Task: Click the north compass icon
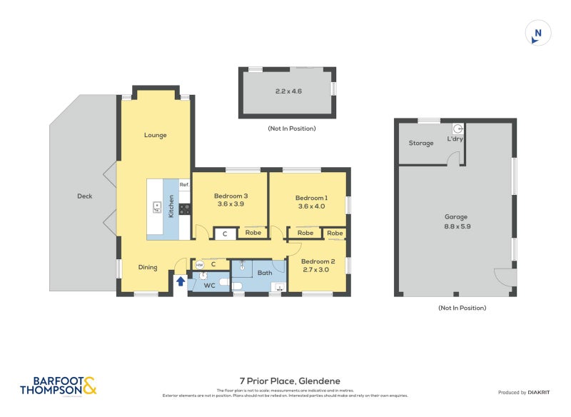[538, 33]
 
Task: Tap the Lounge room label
[155, 135]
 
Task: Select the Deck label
[84, 196]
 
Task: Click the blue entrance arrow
[181, 281]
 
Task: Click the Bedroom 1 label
[311, 198]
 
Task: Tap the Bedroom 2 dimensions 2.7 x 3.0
[316, 271]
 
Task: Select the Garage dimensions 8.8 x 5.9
[456, 226]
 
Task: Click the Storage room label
[421, 143]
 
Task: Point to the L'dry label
[455, 139]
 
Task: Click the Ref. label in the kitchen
[184, 185]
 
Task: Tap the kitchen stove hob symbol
[184, 209]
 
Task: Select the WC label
[210, 286]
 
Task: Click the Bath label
[265, 273]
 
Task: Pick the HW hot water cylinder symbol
[199, 265]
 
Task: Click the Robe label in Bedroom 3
[253, 233]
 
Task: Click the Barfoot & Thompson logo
[58, 386]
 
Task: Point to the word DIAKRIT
[542, 393]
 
